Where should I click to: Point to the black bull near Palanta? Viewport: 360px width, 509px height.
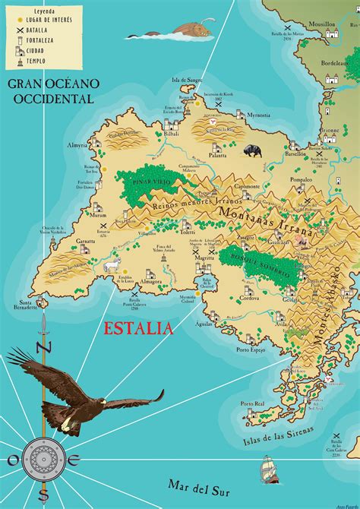tap(253, 150)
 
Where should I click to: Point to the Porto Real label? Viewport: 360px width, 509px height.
tap(251, 403)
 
